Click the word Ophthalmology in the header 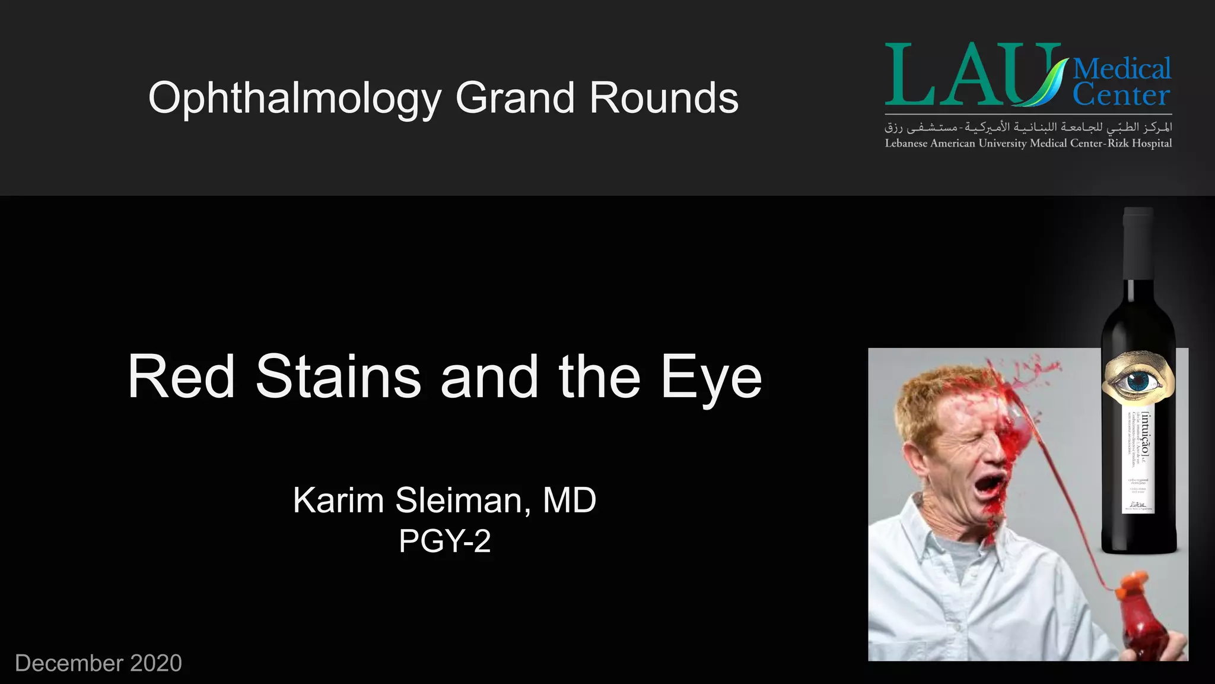click(x=295, y=99)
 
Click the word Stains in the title click(x=338, y=377)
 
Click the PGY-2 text click(x=445, y=541)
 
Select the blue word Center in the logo click(x=1121, y=95)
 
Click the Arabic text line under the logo click(x=1028, y=126)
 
